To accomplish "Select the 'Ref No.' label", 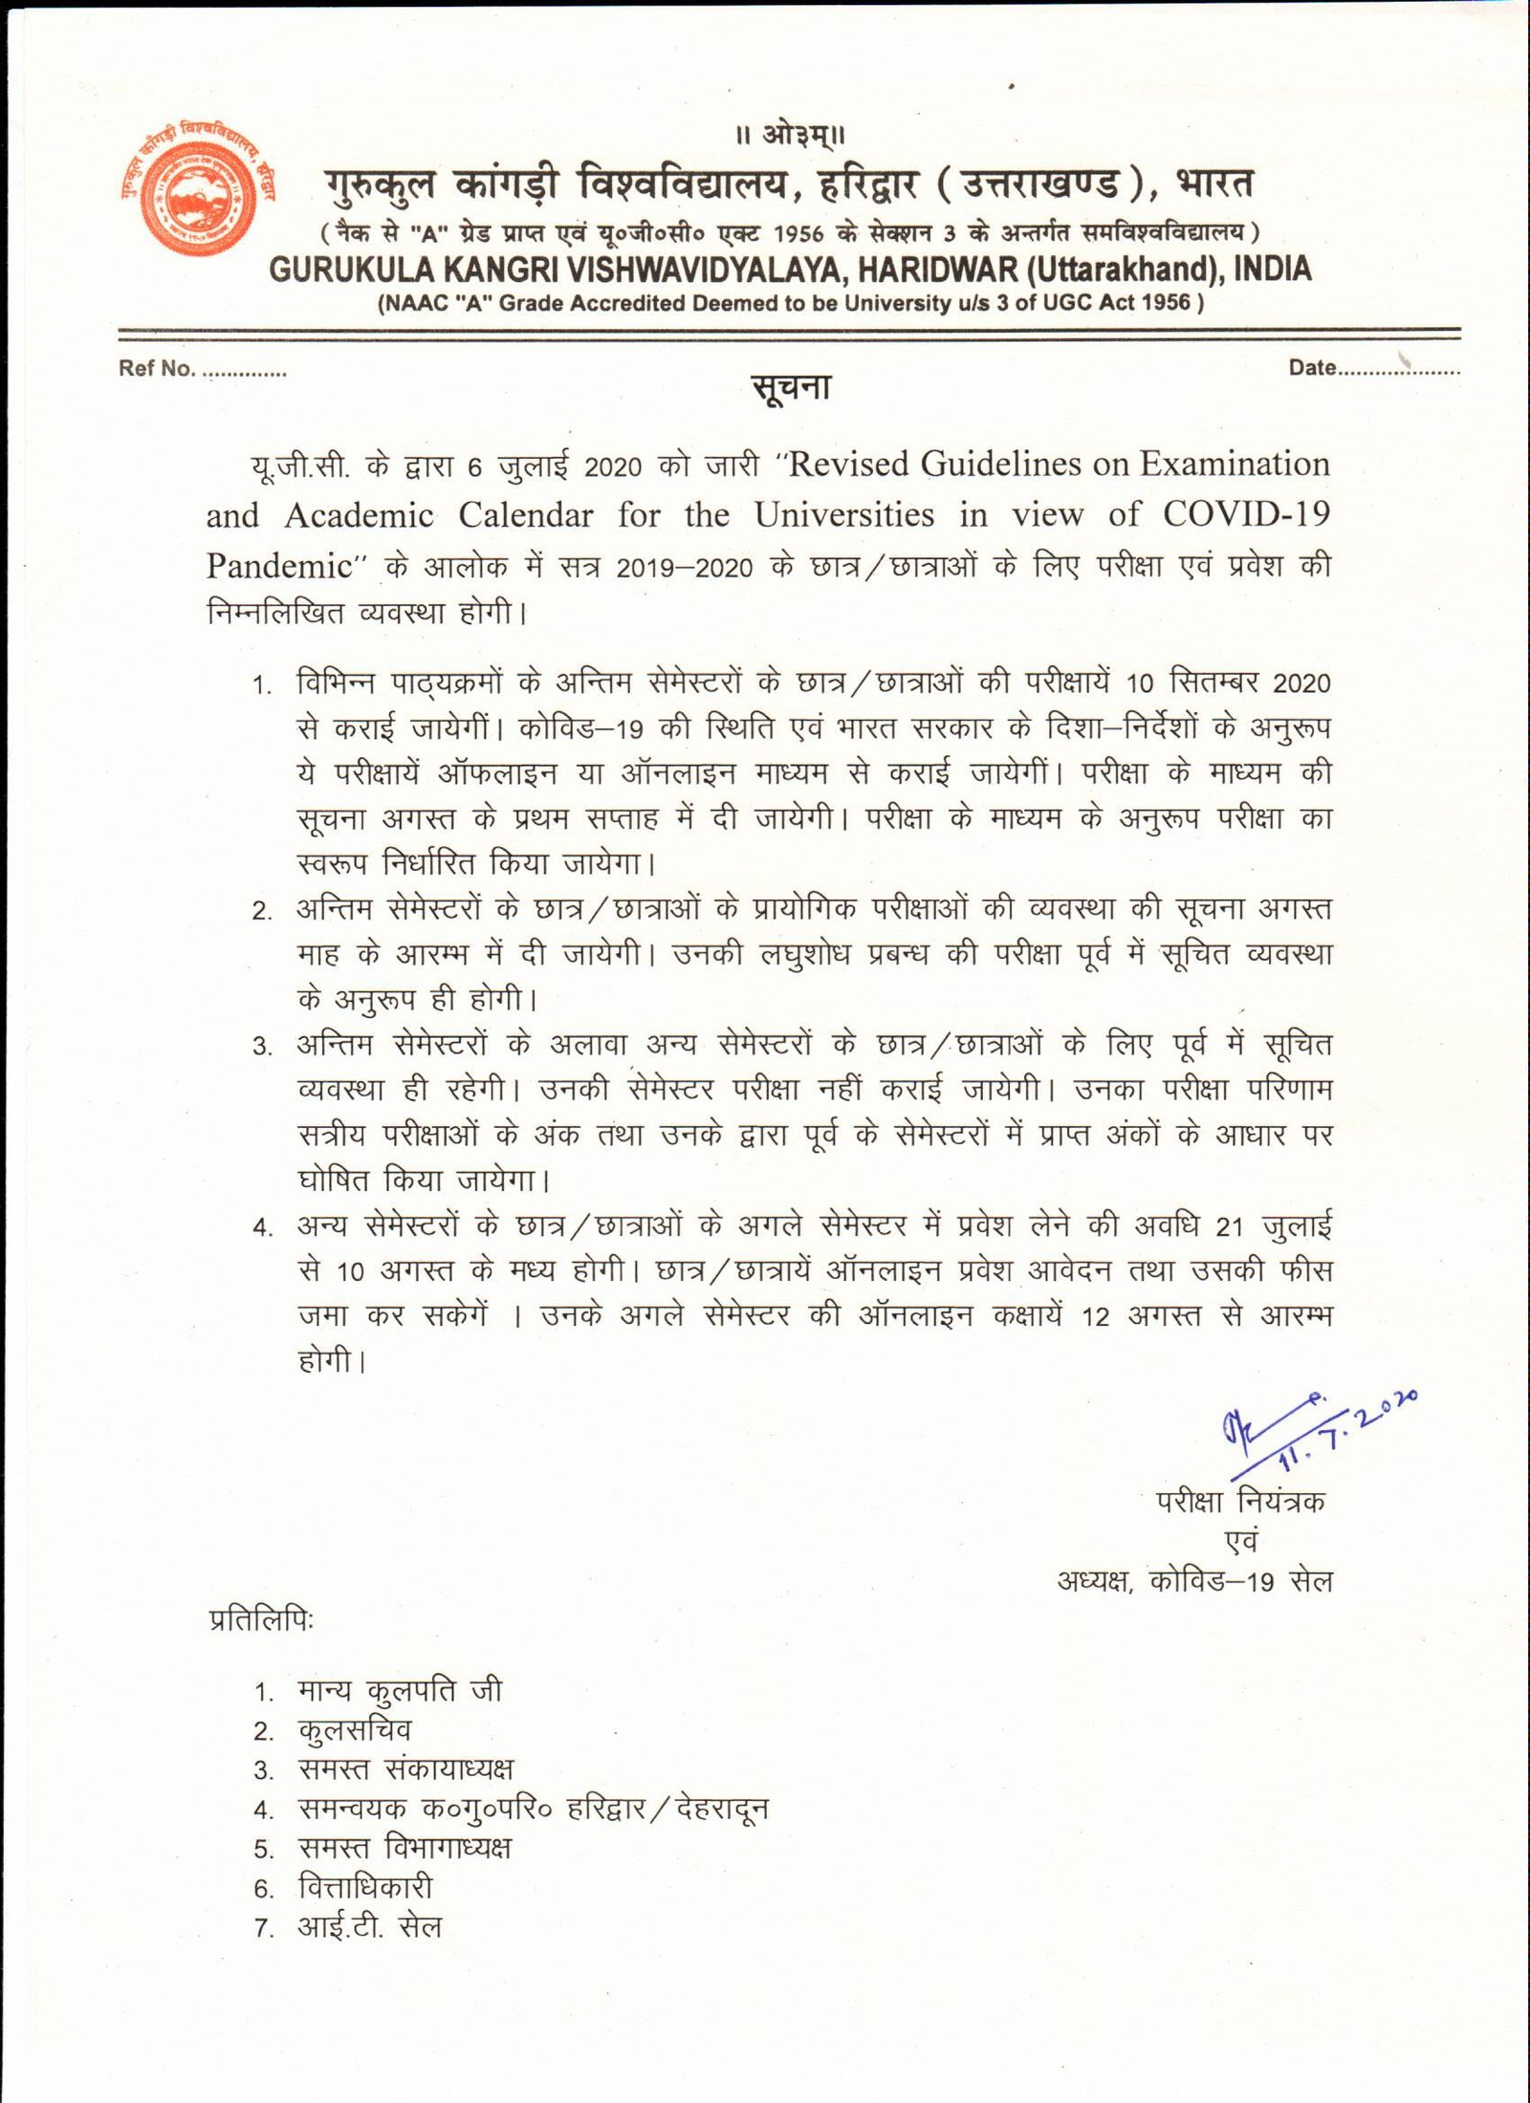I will pyautogui.click(x=157, y=369).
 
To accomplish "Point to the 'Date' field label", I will pyautogui.click(x=1312, y=368).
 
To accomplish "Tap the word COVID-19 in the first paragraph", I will pyautogui.click(x=1246, y=514).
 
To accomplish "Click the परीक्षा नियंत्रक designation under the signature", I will pyautogui.click(x=1240, y=1501).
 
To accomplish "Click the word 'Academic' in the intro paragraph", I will pyautogui.click(x=359, y=515).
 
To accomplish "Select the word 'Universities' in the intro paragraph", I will pyautogui.click(x=843, y=515).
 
